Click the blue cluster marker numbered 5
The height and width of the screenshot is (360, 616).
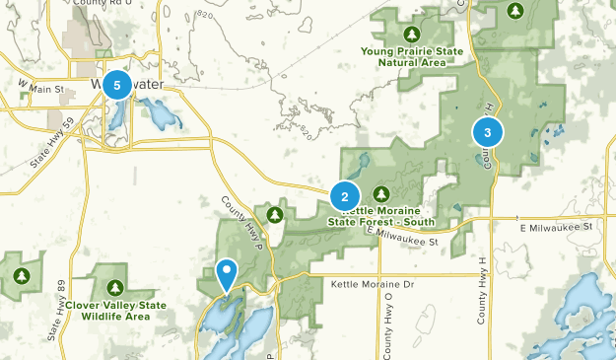coord(117,85)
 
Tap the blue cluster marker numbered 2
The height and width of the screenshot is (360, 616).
coord(345,196)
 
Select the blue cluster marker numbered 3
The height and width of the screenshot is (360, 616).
coord(488,131)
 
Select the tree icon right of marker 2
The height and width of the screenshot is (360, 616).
coord(380,193)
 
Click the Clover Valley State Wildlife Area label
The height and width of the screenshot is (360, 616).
coord(115,311)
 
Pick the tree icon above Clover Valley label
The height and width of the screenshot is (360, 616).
coord(115,288)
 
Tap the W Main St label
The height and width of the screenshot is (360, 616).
coord(40,90)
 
